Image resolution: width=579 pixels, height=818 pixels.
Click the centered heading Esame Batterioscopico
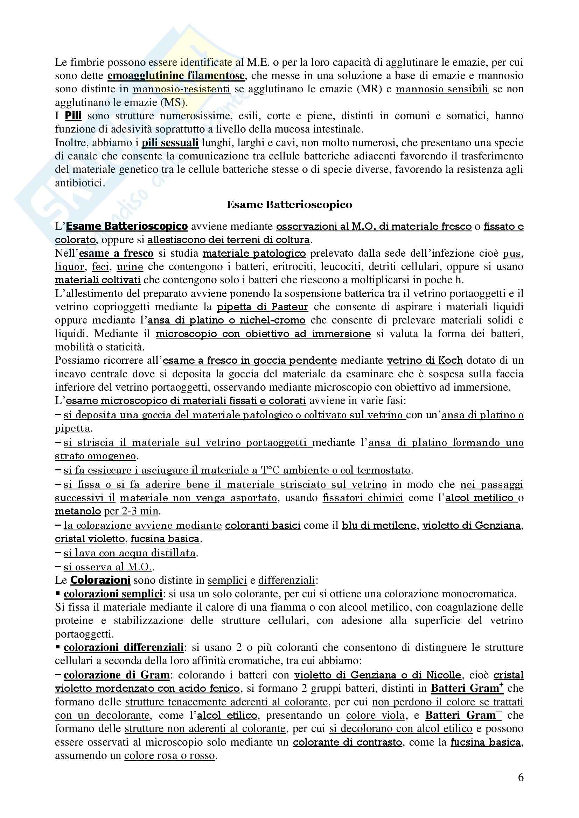pos(289,205)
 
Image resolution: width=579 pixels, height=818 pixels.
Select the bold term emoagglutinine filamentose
pos(176,76)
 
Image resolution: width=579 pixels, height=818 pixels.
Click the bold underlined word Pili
pos(73,116)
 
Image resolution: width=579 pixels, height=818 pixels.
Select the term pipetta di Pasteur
pos(263,307)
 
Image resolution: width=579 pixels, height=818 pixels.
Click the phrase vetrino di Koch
pos(425,360)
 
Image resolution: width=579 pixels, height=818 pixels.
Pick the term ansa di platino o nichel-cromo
pos(226,320)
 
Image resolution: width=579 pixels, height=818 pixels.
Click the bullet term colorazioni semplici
pos(113,594)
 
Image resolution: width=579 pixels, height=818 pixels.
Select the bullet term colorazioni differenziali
pos(124,647)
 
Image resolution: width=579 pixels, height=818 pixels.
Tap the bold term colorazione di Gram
pos(117,675)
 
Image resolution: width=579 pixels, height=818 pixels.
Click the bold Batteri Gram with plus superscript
pos(467,688)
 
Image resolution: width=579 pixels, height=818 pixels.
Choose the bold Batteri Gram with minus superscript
pos(461,716)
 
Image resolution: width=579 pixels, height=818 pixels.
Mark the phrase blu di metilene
pos(379,526)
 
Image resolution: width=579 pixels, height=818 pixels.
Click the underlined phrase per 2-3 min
pos(131,511)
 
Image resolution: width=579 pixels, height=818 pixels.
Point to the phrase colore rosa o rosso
pos(170,756)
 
